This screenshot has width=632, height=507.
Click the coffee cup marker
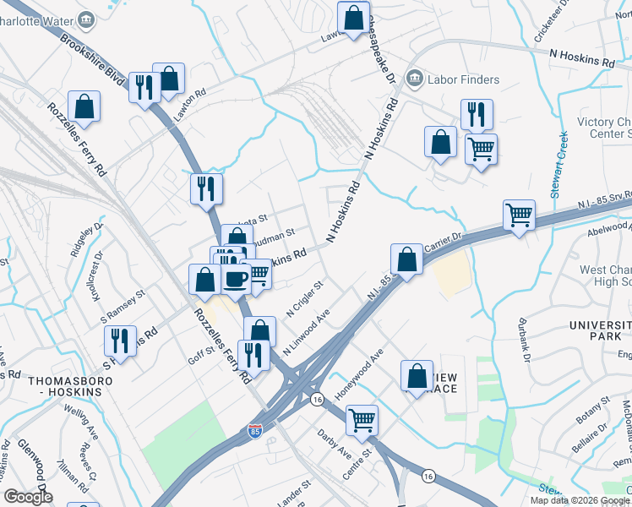point(236,278)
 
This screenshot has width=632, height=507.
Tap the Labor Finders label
point(462,80)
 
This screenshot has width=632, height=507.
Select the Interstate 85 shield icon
point(255,431)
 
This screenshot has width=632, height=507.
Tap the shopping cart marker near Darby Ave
point(362,418)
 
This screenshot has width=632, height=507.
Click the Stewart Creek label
point(558,166)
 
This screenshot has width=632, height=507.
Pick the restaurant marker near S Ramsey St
point(121,341)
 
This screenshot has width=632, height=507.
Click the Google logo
point(28,497)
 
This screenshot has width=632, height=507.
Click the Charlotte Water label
point(38,19)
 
